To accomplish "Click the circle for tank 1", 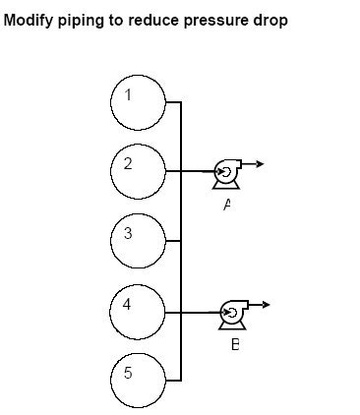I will click(139, 100).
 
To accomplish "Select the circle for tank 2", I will click(139, 170).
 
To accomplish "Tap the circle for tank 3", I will click(139, 240).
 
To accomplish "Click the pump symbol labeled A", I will click(225, 172).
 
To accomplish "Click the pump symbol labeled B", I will click(231, 313).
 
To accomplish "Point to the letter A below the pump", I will click(227, 205).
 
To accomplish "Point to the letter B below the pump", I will click(234, 344).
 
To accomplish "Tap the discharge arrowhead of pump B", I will click(265, 304).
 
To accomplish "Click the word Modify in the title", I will click(28, 21).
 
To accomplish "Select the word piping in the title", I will click(80, 21).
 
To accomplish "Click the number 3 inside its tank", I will click(128, 233).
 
